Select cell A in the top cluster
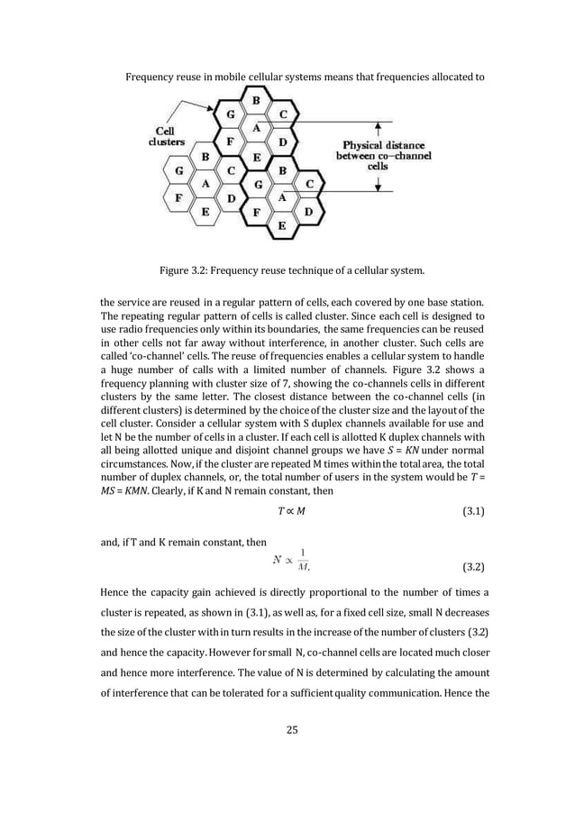(256, 128)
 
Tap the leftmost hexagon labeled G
(180, 169)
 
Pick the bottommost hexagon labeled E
(282, 225)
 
